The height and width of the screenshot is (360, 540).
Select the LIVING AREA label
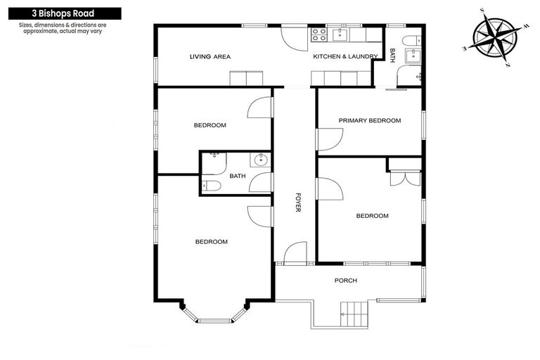pyautogui.click(x=210, y=57)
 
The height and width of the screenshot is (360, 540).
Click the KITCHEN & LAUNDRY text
pyautogui.click(x=340, y=57)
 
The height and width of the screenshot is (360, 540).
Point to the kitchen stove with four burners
pyautogui.click(x=319, y=33)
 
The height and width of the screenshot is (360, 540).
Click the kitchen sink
pyautogui.click(x=343, y=33)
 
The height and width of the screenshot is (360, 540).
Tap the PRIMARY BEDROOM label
pyautogui.click(x=369, y=120)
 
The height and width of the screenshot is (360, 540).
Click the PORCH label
pyautogui.click(x=346, y=281)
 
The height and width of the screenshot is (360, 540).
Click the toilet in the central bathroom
pyautogui.click(x=213, y=186)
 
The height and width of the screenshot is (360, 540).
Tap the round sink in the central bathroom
pyautogui.click(x=262, y=160)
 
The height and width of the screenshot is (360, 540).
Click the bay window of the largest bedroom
pyautogui.click(x=213, y=315)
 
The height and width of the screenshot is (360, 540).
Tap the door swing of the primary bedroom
pyautogui.click(x=328, y=139)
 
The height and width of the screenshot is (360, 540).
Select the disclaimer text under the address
pyautogui.click(x=67, y=29)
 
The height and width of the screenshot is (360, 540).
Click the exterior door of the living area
pyautogui.click(x=294, y=36)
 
